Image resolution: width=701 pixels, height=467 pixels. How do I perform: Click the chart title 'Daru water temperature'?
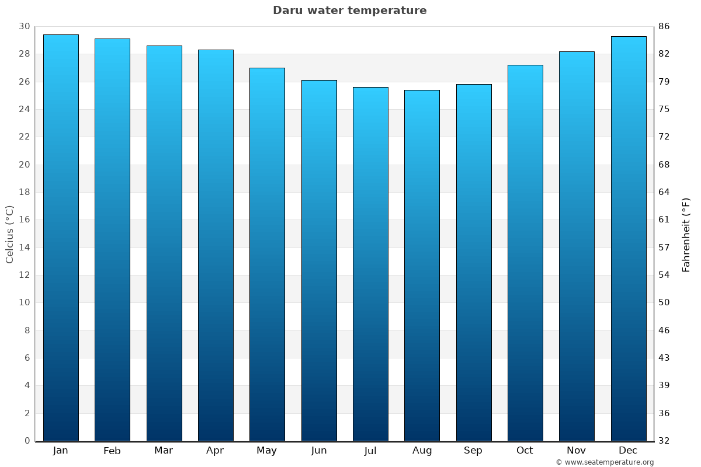point(349,11)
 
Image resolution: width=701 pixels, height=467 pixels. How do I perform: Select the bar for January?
point(61,238)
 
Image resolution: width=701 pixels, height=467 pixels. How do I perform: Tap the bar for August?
point(422,266)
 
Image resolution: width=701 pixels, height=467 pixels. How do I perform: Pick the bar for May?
point(267,255)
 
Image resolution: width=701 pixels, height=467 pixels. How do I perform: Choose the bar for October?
point(525,253)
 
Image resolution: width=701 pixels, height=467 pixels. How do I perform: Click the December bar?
point(629,239)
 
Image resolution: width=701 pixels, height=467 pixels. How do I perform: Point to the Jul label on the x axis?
point(370,451)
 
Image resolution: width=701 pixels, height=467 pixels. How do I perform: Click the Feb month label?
point(112,451)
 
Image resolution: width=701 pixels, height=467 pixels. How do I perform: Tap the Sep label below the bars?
point(473,451)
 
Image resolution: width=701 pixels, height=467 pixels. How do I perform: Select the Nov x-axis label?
point(577,451)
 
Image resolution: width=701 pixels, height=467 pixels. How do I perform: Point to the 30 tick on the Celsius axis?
point(24,26)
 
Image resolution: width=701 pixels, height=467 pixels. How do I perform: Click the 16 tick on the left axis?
point(24,220)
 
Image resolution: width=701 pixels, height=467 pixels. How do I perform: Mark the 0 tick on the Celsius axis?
point(27,441)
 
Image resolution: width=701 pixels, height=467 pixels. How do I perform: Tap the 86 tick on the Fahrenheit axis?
point(664,26)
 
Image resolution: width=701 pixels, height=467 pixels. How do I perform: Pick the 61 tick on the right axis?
point(664,220)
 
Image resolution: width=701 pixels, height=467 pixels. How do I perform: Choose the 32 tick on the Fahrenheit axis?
point(664,441)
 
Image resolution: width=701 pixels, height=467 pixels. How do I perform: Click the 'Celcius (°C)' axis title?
point(9,234)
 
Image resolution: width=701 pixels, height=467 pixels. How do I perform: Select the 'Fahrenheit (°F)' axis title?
point(686,234)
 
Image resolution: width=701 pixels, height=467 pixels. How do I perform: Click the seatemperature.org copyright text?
point(605,462)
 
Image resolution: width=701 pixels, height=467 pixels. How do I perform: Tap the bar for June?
point(319,260)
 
